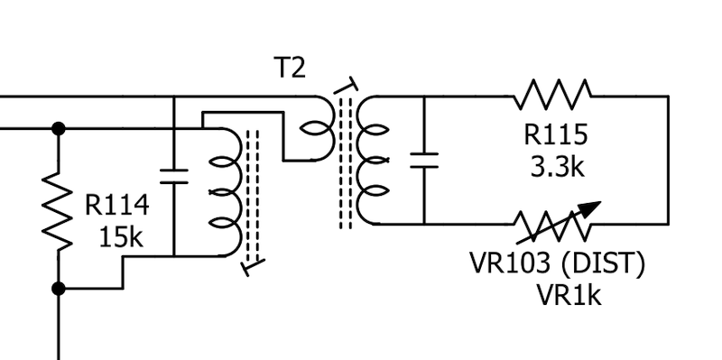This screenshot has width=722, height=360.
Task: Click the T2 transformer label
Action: [x=290, y=68]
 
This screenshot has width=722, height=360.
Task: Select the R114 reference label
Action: [x=117, y=205]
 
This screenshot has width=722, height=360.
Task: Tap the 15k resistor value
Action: [x=121, y=237]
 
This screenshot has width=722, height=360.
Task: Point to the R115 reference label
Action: [x=556, y=134]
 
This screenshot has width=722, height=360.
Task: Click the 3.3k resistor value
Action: [x=557, y=167]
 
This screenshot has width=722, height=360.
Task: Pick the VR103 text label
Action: [x=510, y=263]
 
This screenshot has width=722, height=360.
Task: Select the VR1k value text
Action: [x=569, y=295]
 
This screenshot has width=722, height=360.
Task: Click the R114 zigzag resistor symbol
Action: [x=58, y=212]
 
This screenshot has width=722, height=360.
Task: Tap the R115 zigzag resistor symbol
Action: [x=552, y=96]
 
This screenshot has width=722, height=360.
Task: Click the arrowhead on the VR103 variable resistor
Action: [x=589, y=208]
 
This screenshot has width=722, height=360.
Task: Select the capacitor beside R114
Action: [x=174, y=177]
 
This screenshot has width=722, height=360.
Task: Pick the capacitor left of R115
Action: [x=424, y=161]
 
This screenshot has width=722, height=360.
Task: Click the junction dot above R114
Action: [x=59, y=129]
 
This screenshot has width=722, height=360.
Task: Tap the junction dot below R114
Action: [x=59, y=289]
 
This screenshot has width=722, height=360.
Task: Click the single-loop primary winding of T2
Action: [x=319, y=128]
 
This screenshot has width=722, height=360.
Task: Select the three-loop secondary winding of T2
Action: [x=372, y=161]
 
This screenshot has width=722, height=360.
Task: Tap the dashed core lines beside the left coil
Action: [x=253, y=196]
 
